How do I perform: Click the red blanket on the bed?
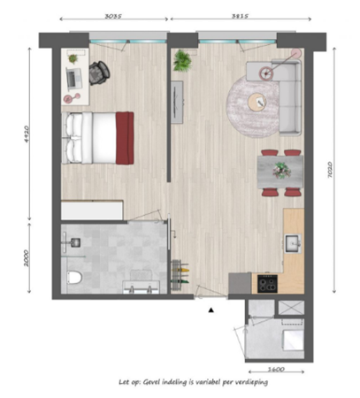tap(124, 137)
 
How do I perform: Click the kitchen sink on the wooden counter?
tap(293, 242)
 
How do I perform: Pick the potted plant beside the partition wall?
tap(183, 60)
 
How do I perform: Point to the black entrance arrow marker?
tap(211, 310)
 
